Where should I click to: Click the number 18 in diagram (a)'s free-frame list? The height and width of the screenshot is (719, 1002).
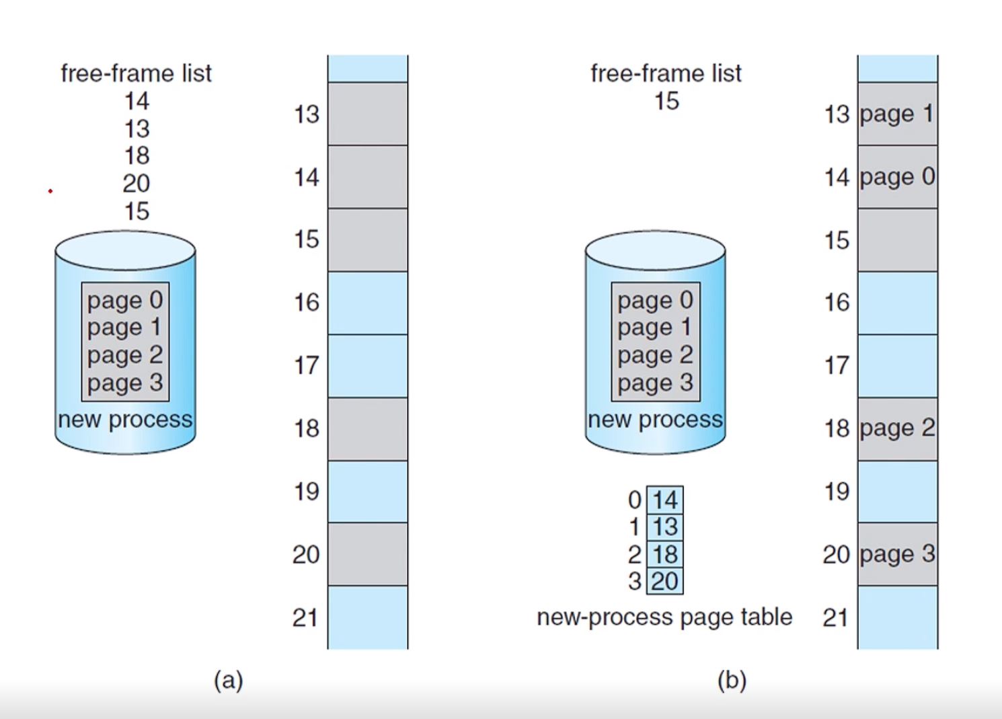pos(137,156)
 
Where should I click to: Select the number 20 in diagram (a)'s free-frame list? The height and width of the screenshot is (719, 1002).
pos(137,184)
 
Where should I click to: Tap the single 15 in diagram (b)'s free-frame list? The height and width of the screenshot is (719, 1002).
pos(666,102)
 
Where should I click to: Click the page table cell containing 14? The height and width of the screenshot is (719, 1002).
pos(664,500)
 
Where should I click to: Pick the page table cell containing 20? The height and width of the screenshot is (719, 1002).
pos(664,581)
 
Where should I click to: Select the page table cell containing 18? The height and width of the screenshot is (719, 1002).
pos(664,554)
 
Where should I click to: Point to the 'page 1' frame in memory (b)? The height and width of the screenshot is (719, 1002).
pos(897,114)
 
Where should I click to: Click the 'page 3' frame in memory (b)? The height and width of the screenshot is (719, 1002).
pos(897,554)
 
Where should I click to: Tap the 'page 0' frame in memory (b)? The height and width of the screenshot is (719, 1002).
pos(897,177)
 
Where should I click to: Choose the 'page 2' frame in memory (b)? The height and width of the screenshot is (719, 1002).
pos(897,428)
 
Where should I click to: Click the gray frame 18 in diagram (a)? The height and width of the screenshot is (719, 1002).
pos(367,428)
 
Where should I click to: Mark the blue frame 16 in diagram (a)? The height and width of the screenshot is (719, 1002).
pos(367,303)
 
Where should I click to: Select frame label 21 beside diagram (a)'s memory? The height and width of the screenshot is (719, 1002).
pos(305,617)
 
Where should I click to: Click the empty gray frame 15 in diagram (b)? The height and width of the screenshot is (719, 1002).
pos(897,240)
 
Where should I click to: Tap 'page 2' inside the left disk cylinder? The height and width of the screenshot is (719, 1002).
pos(125,355)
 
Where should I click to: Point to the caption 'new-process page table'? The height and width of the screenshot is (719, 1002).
pos(664,617)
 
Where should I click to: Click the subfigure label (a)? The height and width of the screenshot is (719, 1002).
pos(228,681)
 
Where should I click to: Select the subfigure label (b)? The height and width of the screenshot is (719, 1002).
pos(732,681)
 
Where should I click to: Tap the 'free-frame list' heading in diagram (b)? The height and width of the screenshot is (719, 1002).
pos(666,73)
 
